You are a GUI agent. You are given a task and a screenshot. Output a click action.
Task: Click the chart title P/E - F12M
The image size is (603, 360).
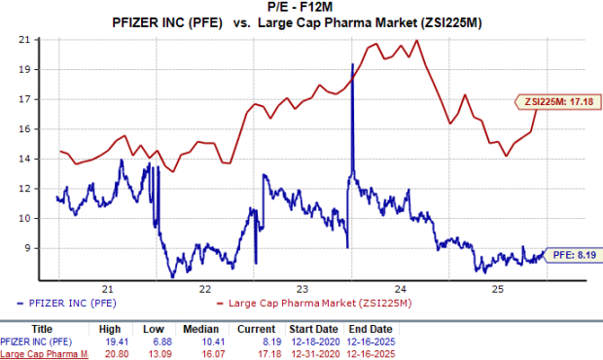point(301,7)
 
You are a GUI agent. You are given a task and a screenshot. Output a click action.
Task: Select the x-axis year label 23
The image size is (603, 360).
point(302,289)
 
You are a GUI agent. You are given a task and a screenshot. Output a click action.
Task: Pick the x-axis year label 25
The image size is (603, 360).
point(496,289)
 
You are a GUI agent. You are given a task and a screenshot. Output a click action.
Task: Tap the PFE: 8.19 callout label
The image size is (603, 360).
point(569,256)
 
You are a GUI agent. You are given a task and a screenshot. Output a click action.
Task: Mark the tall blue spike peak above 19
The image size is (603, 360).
point(352,64)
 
